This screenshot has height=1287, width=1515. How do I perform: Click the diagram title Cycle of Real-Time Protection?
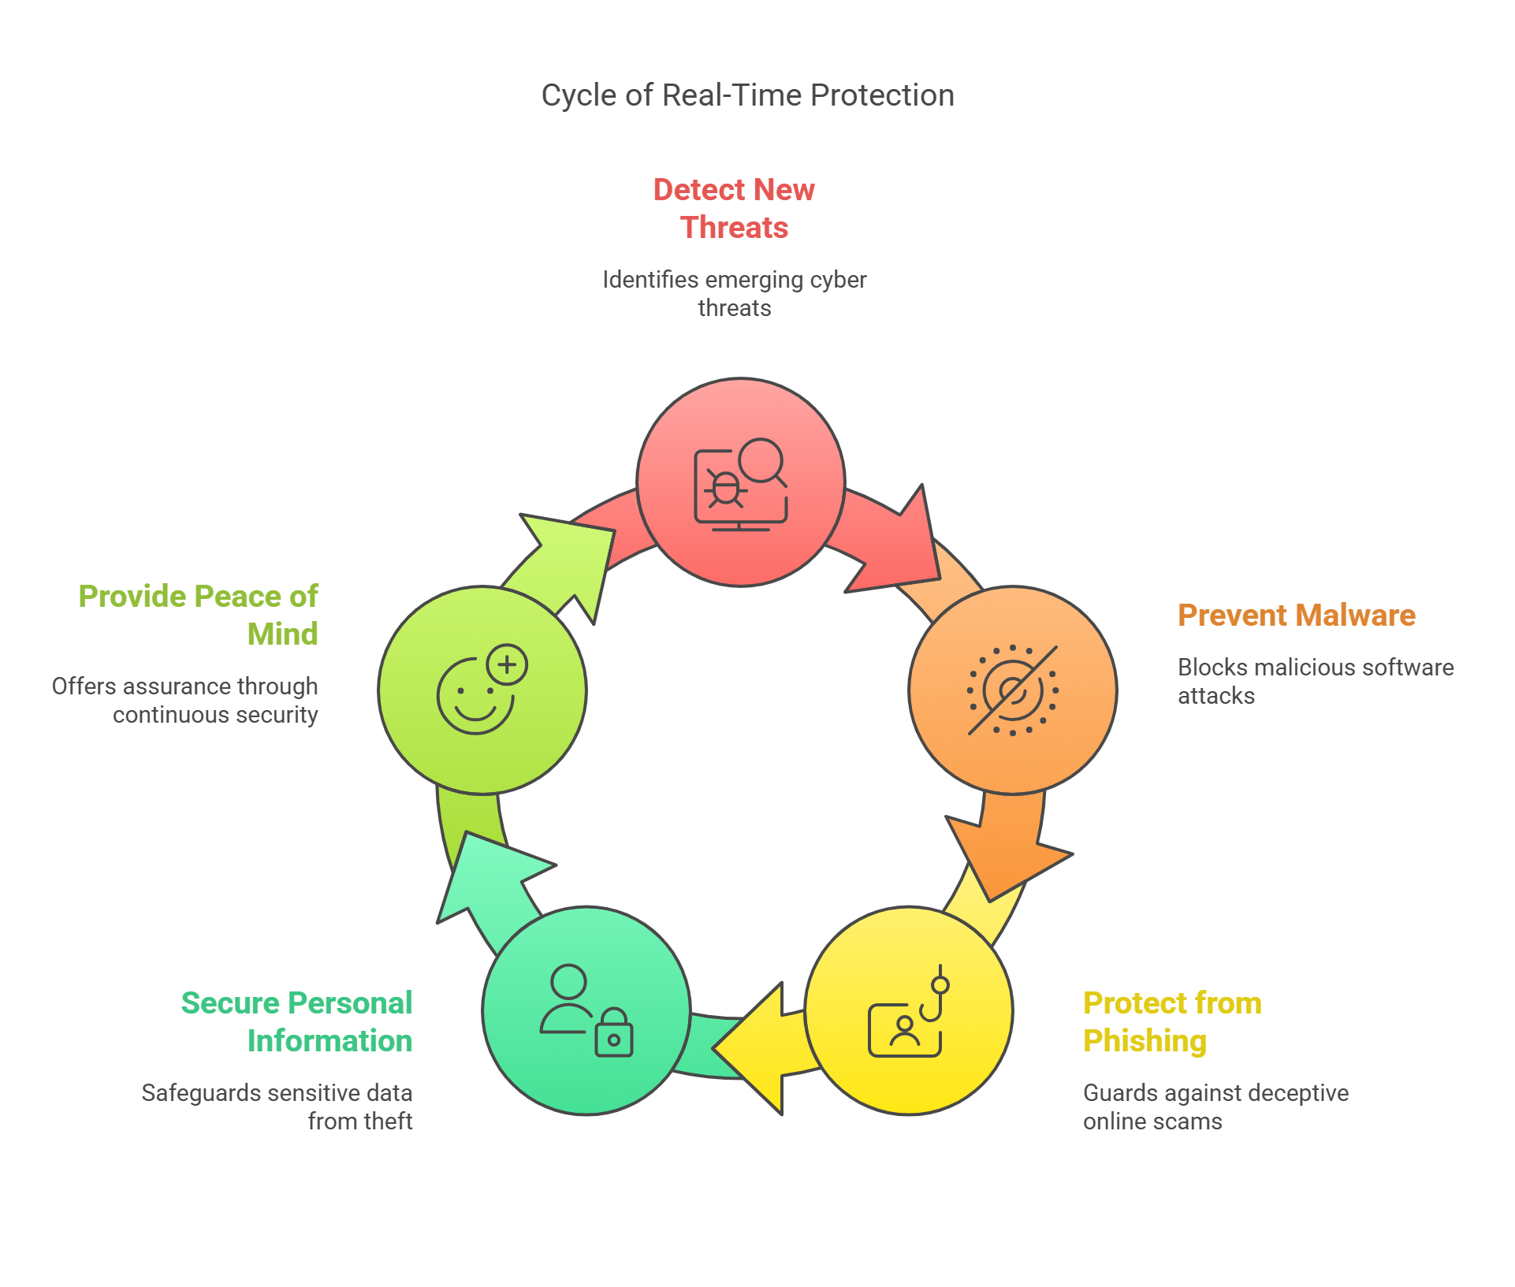tap(747, 95)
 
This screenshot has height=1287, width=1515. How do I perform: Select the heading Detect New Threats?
tap(734, 208)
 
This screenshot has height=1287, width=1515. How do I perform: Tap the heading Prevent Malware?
tap(1297, 615)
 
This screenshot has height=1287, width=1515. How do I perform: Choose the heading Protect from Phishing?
tap(1172, 1021)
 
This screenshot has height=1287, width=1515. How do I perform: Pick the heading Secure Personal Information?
tap(296, 1021)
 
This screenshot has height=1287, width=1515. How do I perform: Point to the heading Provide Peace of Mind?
tap(198, 615)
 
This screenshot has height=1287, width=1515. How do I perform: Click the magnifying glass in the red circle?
tap(763, 463)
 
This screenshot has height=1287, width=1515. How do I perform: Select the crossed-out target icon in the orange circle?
tap(1013, 690)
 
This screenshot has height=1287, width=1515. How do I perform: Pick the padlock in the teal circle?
tap(614, 1032)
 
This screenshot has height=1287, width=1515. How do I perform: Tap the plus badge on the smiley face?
tap(507, 664)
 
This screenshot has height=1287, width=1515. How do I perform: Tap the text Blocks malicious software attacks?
tap(1316, 682)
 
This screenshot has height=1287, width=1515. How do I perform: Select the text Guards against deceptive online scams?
tap(1215, 1107)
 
